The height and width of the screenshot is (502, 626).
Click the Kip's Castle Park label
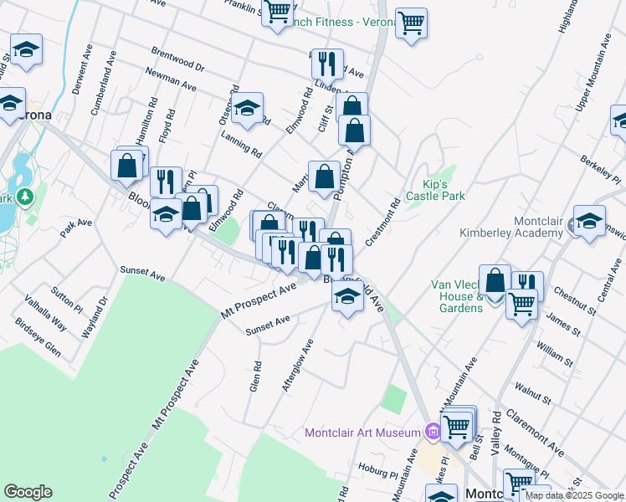pos(434,189)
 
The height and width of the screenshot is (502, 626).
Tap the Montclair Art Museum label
pos(362,433)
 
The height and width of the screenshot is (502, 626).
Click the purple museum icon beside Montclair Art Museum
pos(432,432)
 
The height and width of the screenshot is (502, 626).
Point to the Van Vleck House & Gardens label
pos(457,296)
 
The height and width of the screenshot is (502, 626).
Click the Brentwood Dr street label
pos(177,59)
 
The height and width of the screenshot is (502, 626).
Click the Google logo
pos(28,492)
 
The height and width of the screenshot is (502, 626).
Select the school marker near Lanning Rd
pos(247,108)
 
